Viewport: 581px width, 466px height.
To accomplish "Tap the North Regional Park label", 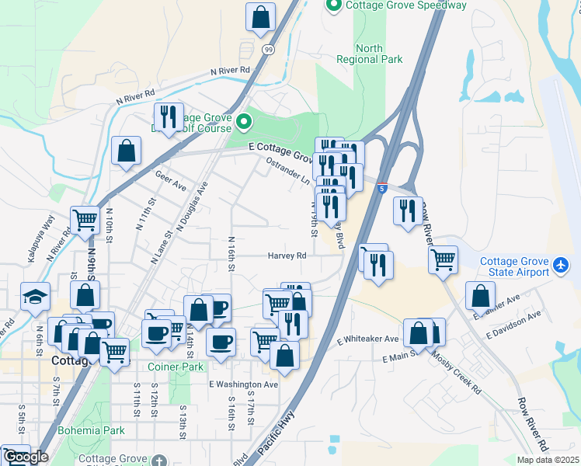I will coord(370,54).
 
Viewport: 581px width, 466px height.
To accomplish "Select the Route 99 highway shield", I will coord(267,49).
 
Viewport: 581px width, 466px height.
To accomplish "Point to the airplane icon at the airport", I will coord(560,266).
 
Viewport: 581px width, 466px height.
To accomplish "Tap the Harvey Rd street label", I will coord(287,256).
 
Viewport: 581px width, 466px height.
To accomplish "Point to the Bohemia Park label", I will coord(91,429).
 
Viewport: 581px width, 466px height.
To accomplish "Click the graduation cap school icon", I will coord(36,298).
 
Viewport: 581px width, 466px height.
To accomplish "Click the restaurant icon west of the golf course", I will coord(169,116).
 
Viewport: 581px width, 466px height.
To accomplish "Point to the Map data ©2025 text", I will coord(548,460).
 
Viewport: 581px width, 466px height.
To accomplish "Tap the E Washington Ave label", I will coord(243,384).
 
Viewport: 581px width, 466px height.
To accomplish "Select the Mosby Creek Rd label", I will coord(457,365).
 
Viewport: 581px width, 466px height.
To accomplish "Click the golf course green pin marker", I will coord(244,122).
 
